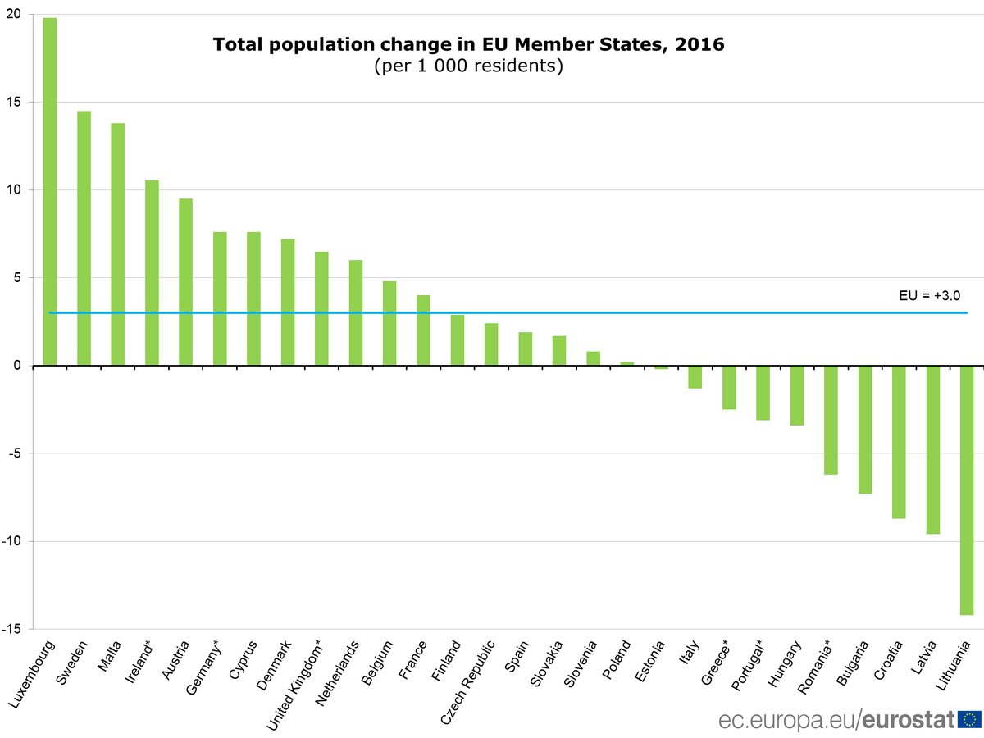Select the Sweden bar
pyautogui.click(x=84, y=238)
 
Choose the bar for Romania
pyautogui.click(x=831, y=420)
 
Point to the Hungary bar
pyautogui.click(x=797, y=395)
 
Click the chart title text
pyautogui.click(x=468, y=44)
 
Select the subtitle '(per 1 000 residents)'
pyautogui.click(x=468, y=66)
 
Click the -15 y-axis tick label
pyautogui.click(x=13, y=629)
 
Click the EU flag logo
pyautogui.click(x=970, y=720)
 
